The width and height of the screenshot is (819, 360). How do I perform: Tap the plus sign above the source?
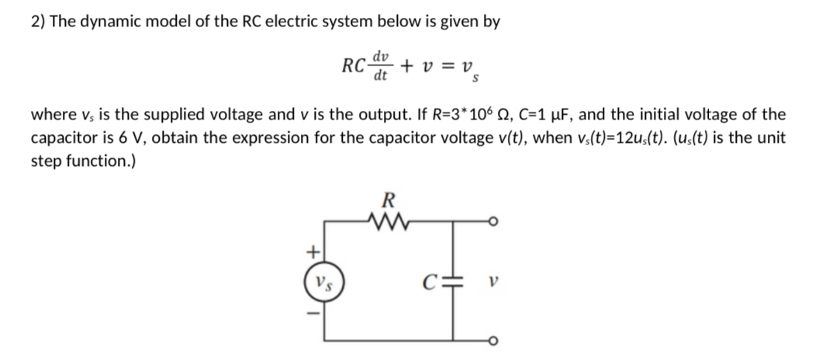[314, 251]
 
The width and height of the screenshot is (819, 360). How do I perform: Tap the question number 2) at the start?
[38, 22]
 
